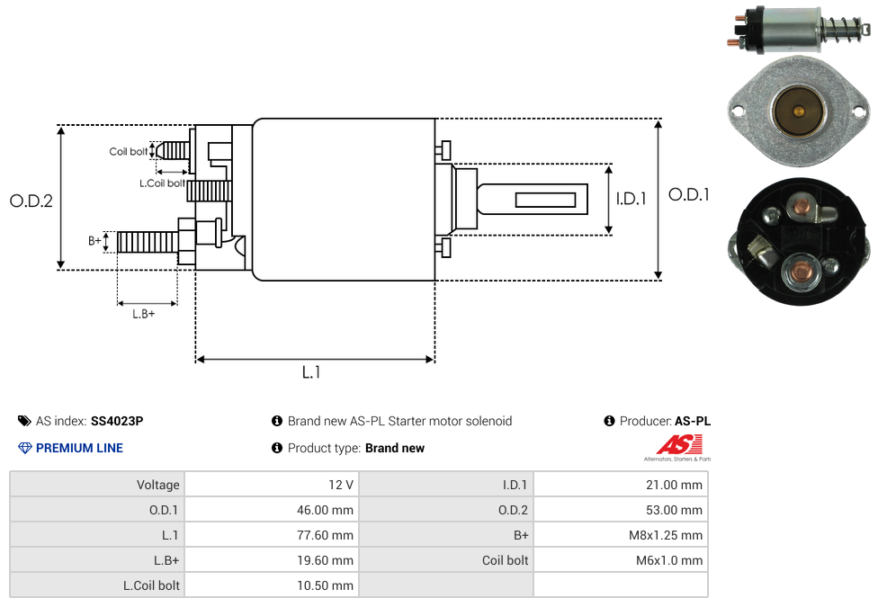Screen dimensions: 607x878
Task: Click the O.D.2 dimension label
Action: pos(31,201)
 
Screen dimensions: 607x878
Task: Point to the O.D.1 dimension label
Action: pos(689,194)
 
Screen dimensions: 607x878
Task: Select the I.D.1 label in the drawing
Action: pos(631,199)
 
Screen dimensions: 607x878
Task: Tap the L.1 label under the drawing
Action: pos(311,372)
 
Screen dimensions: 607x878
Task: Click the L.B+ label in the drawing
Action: pos(144,314)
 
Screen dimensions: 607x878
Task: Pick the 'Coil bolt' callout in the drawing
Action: pos(129,152)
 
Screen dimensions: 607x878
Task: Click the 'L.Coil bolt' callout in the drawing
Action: pos(163,183)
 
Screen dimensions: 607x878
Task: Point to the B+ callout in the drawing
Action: pos(94,241)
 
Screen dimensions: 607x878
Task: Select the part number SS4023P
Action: pos(117,421)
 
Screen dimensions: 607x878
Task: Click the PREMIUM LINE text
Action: pos(79,448)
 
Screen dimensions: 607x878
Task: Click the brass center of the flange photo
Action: pos(798,112)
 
